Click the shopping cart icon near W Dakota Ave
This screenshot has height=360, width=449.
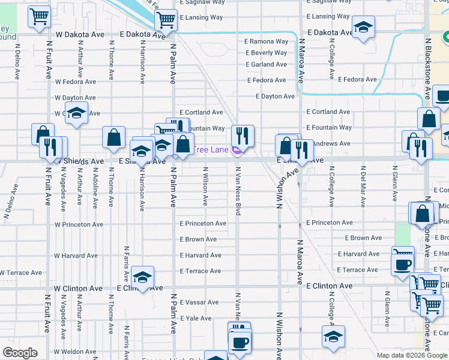click(x=39, y=17)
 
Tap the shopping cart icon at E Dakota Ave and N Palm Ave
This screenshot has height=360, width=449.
click(x=166, y=20)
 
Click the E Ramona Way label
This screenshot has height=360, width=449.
click(x=267, y=42)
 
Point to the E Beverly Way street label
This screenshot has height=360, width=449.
click(x=267, y=53)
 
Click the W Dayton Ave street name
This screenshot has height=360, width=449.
click(x=75, y=97)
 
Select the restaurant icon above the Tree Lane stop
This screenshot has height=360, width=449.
click(x=243, y=135)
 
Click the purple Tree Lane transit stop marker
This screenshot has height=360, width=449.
click(x=237, y=151)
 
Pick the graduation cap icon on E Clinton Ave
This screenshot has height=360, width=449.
click(x=142, y=278)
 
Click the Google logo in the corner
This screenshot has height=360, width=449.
click(x=20, y=353)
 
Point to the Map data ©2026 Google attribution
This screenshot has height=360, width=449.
click(x=412, y=355)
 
